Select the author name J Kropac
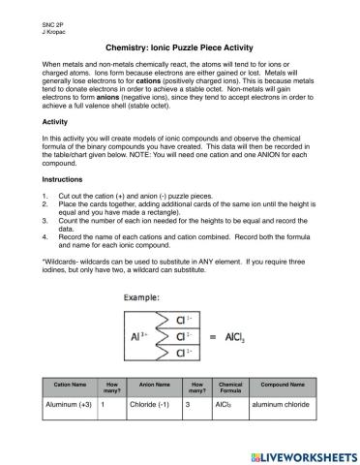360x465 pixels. coord(29,28)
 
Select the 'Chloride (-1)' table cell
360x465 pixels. coord(148,406)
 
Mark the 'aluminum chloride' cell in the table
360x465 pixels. coord(283,406)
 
